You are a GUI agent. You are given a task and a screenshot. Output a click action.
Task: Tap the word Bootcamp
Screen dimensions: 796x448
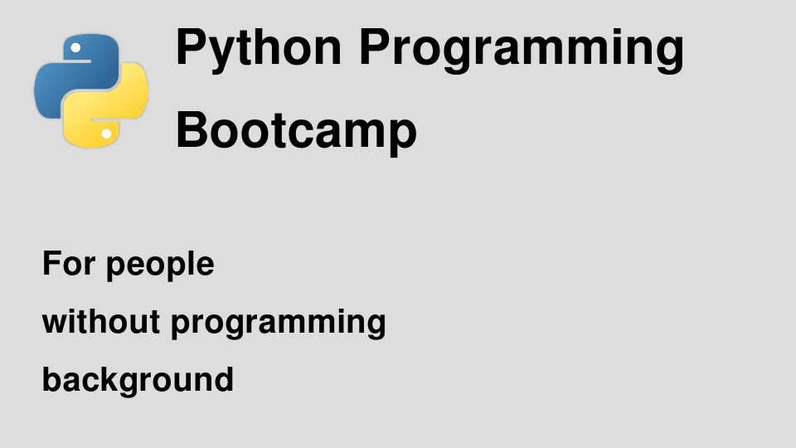click(x=296, y=132)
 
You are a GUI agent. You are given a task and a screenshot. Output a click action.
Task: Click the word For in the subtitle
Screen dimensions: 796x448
click(x=69, y=263)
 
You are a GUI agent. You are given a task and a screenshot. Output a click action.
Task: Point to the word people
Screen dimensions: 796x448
click(x=160, y=265)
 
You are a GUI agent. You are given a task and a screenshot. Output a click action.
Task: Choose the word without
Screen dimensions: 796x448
click(x=101, y=322)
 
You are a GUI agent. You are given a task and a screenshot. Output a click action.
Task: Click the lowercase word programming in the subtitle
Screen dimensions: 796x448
click(x=279, y=324)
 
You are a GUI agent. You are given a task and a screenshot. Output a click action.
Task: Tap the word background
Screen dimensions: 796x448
click(x=138, y=380)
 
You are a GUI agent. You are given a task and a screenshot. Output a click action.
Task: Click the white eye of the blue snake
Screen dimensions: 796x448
click(x=75, y=48)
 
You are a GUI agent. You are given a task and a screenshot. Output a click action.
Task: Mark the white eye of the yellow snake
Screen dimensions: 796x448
click(x=107, y=134)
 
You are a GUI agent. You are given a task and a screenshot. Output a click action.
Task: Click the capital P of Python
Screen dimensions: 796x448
click(x=191, y=47)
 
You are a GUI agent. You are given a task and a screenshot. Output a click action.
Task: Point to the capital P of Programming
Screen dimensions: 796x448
click(x=374, y=47)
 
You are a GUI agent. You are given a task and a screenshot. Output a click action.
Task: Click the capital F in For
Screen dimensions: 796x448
click(x=52, y=263)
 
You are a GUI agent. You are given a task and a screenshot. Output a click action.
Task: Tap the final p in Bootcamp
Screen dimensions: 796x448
click(x=403, y=135)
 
